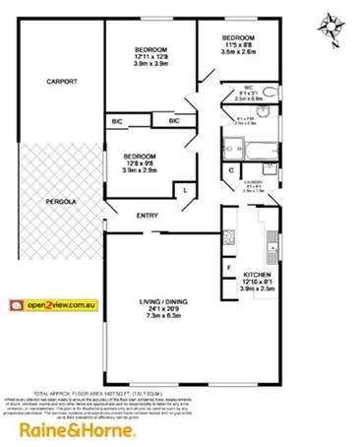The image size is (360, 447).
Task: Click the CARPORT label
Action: click(x=61, y=82)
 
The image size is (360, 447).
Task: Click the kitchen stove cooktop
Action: click(x=229, y=237)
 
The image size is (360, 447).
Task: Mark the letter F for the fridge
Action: click(x=228, y=267)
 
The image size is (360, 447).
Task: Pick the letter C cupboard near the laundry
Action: click(x=230, y=173)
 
